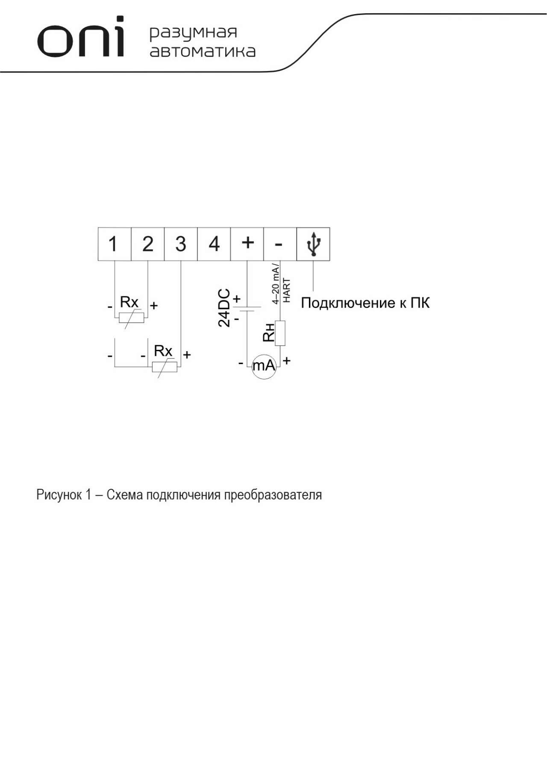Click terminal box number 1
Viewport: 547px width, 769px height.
click(x=115, y=244)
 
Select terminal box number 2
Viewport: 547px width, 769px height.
click(x=148, y=244)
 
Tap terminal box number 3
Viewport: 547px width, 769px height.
click(x=181, y=244)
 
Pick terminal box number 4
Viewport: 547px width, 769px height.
click(x=214, y=244)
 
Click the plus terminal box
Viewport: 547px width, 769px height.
click(x=247, y=244)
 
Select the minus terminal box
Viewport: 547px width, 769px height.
click(x=280, y=244)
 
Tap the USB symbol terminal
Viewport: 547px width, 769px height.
click(x=313, y=244)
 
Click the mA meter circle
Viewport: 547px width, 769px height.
click(x=264, y=367)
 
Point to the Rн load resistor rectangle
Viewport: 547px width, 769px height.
click(x=280, y=333)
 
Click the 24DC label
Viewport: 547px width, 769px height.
click(x=224, y=308)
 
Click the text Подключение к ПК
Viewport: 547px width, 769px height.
click(x=365, y=303)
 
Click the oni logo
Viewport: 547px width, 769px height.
click(x=81, y=37)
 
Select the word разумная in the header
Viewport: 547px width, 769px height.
click(x=193, y=33)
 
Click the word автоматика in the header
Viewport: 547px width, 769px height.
click(x=203, y=51)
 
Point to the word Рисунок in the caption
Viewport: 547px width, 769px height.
click(x=59, y=495)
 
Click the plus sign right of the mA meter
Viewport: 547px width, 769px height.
click(x=287, y=361)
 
